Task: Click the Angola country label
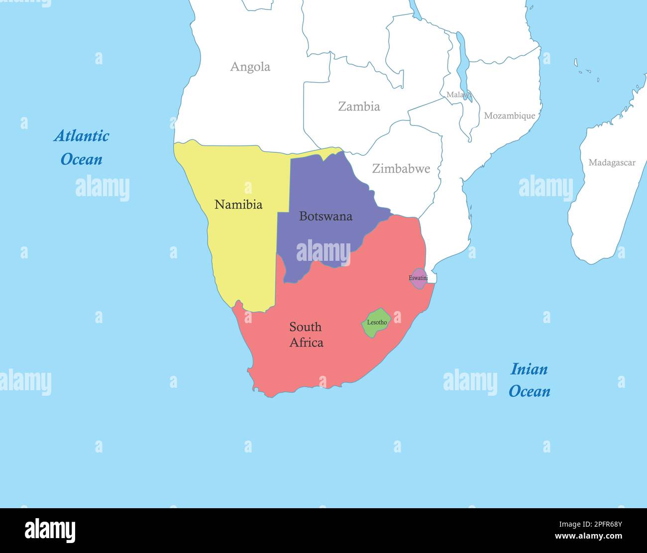(x=250, y=67)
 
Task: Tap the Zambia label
(x=359, y=106)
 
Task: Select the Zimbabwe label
(x=401, y=168)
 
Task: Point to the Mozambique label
(x=509, y=115)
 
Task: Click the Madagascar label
(x=612, y=162)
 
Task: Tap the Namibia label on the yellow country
(x=238, y=205)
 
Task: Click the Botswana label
(x=325, y=216)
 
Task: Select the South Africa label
(x=306, y=334)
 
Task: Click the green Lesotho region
(x=376, y=323)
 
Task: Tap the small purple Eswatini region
(x=419, y=278)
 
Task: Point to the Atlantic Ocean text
(x=81, y=147)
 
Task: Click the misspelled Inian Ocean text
(x=529, y=380)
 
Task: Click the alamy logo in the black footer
(x=50, y=530)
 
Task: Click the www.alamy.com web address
(x=588, y=537)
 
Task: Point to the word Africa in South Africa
(x=306, y=342)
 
